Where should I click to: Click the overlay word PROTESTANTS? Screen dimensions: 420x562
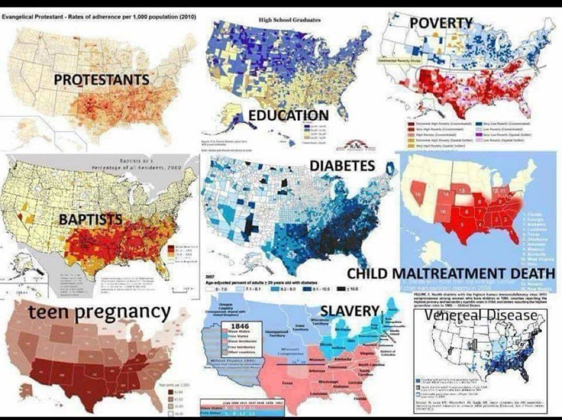pos(102,80)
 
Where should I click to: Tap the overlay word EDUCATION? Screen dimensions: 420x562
pos(288,115)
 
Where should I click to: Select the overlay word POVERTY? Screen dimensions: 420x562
pos(441,23)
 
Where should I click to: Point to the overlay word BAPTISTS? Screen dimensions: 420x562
pos(89,219)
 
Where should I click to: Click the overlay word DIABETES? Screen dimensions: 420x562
pos(342,166)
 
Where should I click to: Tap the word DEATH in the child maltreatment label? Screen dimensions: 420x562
pos(527,273)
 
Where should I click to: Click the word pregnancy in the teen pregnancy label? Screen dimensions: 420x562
pos(121,312)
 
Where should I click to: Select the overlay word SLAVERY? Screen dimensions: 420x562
pos(349,311)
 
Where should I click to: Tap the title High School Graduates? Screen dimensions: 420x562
pos(283,19)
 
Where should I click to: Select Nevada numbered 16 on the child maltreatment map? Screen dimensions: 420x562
pos(417,195)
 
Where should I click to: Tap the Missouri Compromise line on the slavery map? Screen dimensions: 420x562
pos(293,360)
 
